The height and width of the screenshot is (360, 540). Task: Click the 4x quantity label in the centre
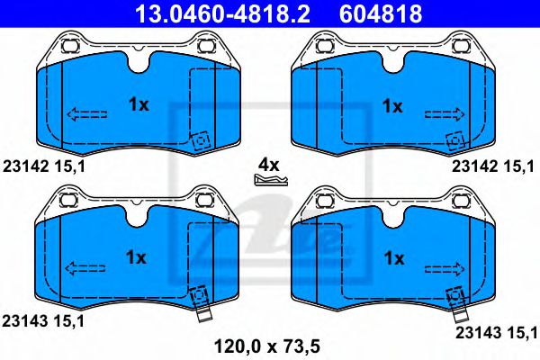click(x=269, y=165)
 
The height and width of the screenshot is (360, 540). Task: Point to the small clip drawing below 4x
click(x=270, y=180)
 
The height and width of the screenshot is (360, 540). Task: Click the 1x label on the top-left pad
click(x=137, y=104)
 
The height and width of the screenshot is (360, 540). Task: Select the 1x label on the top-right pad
click(x=392, y=104)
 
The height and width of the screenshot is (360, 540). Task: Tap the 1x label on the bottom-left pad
click(x=137, y=257)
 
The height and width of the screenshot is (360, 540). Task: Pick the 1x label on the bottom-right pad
click(x=392, y=257)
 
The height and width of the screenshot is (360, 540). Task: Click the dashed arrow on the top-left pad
click(x=86, y=114)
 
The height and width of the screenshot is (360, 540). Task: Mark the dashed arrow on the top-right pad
click(x=444, y=114)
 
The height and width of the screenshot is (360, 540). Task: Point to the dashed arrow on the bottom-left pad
click(x=86, y=267)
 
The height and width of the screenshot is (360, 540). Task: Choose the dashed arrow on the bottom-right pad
click(x=444, y=267)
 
